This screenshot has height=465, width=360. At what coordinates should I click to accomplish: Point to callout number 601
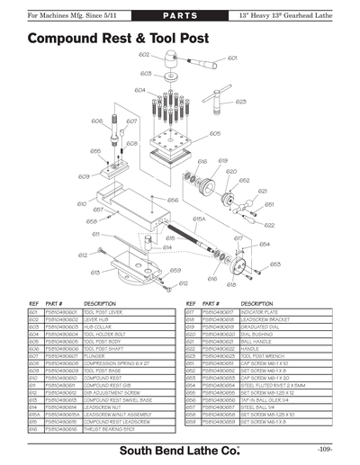(x=232, y=58)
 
